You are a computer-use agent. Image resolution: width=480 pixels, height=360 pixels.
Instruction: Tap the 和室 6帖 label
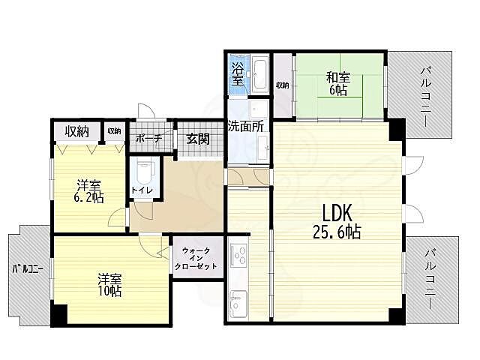tap(338, 83)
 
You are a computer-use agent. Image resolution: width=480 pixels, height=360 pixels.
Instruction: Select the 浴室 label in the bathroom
tap(238, 74)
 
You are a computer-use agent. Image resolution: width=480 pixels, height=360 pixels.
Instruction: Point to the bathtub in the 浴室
tap(261, 74)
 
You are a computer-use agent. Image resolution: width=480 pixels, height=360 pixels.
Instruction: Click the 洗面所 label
tap(245, 126)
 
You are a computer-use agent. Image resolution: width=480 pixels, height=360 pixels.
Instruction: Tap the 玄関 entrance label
tap(198, 139)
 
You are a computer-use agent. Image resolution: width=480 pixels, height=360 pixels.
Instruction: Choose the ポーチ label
tap(148, 139)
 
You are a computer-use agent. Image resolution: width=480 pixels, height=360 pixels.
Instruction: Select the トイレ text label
tap(142, 190)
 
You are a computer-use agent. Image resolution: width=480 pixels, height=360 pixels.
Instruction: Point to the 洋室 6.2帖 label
tap(88, 192)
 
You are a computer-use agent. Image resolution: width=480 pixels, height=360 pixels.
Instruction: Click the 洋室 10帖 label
tap(109, 285)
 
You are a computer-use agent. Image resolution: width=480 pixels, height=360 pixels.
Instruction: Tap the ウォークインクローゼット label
tap(196, 259)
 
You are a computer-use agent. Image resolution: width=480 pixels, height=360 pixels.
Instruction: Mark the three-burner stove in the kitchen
tap(238, 256)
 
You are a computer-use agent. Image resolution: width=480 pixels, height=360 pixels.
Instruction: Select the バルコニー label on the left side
tap(28, 269)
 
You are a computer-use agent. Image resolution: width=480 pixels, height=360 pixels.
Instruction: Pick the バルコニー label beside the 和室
tap(426, 97)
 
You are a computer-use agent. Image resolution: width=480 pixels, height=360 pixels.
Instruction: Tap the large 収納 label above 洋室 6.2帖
tap(76, 131)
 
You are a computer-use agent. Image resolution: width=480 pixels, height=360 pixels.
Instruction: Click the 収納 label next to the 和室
tap(282, 85)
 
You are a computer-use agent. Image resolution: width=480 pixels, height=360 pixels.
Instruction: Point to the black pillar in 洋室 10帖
tap(58, 314)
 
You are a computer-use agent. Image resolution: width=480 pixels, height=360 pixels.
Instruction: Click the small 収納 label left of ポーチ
tap(115, 131)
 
